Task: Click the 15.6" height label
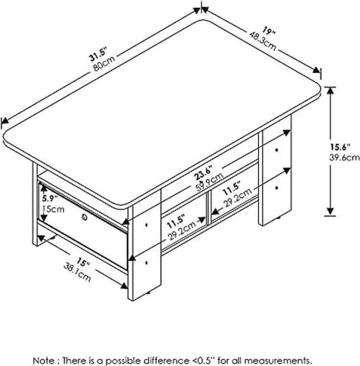pyautogui.click(x=339, y=147)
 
